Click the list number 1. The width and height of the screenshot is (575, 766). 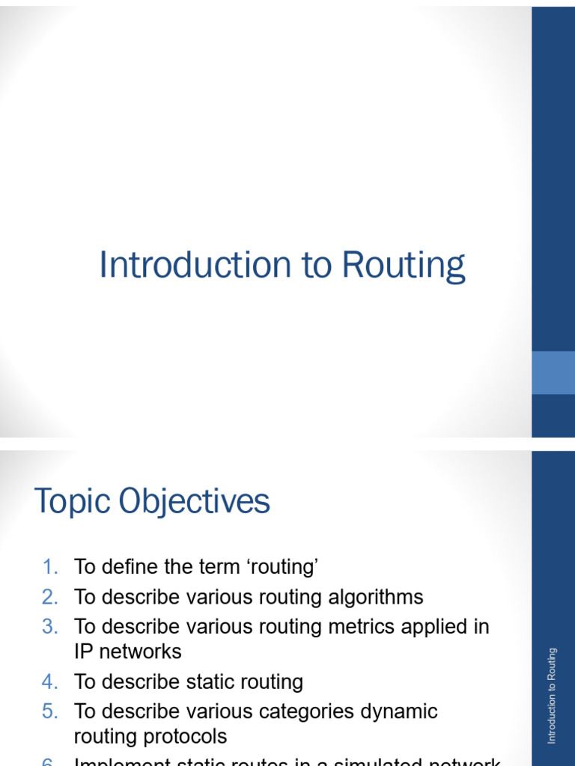click(49, 567)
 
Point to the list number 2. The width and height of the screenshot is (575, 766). click(49, 597)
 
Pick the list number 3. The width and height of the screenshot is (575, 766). click(49, 626)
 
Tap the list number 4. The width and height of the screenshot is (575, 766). click(49, 681)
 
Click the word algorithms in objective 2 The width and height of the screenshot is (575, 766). click(370, 597)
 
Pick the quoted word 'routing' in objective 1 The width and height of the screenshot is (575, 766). click(279, 567)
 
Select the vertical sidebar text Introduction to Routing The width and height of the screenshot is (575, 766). click(553, 696)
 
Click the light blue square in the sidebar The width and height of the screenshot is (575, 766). click(553, 373)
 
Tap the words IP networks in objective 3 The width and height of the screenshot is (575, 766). click(127, 652)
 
